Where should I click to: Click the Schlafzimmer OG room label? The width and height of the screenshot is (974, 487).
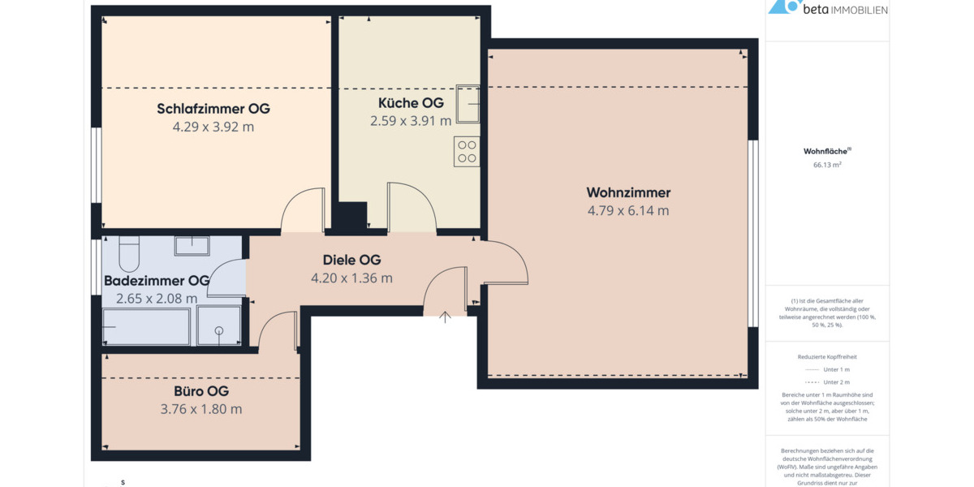(213, 109)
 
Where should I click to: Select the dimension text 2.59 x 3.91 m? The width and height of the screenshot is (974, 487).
(411, 121)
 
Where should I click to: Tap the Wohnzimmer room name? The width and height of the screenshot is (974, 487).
(628, 193)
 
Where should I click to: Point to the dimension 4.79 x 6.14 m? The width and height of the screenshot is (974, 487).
(628, 211)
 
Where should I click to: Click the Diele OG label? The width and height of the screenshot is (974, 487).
(351, 261)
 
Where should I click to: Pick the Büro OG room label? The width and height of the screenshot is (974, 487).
(201, 391)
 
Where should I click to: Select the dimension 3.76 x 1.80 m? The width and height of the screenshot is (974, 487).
(201, 409)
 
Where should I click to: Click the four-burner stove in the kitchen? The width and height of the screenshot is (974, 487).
(467, 152)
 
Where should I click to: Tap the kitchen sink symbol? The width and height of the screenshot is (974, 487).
(467, 104)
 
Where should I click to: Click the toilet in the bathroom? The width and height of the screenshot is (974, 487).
(129, 253)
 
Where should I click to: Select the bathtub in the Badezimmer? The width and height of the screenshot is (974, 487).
(147, 326)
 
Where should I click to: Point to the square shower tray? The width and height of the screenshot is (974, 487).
(218, 326)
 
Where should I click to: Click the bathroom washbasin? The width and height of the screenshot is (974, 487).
(192, 244)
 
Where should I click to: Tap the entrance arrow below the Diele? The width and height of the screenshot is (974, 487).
(445, 317)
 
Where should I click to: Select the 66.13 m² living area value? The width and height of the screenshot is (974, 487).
(827, 165)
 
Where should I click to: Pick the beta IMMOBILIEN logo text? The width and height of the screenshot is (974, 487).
(844, 10)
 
